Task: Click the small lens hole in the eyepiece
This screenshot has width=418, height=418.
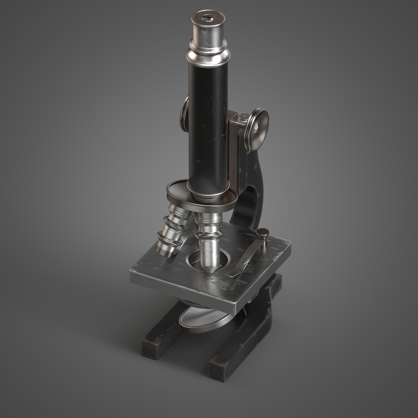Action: click(208, 17)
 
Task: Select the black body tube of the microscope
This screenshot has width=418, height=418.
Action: click(209, 128)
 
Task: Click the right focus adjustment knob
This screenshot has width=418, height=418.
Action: click(257, 129)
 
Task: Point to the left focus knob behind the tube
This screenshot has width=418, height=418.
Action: click(185, 114)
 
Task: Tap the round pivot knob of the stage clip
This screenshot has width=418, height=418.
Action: click(263, 233)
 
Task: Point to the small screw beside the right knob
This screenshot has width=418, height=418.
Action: click(243, 116)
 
